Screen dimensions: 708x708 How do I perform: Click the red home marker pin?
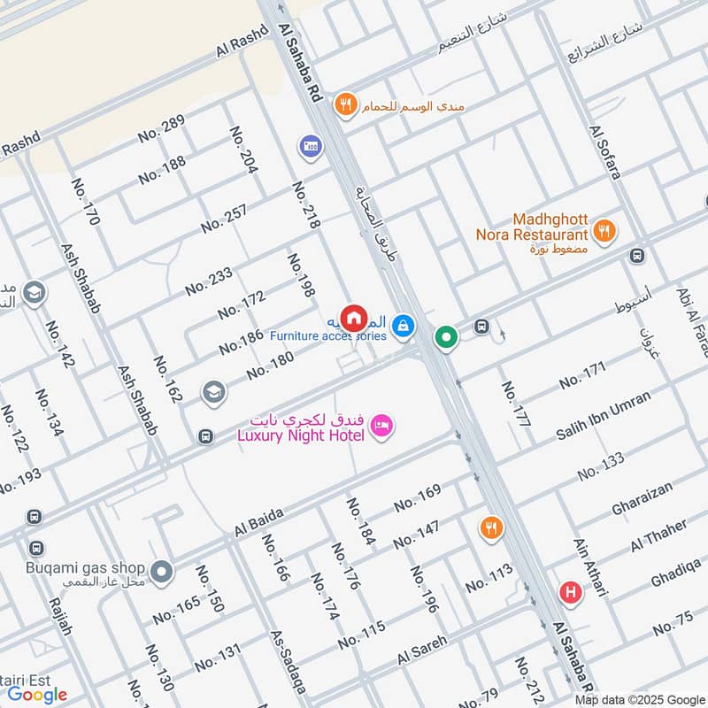353,317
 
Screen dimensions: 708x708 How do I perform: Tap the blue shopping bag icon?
404,327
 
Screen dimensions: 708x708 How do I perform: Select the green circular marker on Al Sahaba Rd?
446,337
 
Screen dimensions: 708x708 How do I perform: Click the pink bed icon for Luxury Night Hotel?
382,426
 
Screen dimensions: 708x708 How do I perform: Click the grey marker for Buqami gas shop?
161,573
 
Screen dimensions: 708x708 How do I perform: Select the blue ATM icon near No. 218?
310,144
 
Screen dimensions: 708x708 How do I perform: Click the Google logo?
37,695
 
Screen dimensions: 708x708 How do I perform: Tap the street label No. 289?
161,129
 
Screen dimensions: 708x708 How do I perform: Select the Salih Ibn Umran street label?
603,413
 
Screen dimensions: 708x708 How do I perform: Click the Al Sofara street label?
604,152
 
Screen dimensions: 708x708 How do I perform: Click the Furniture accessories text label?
327,336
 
